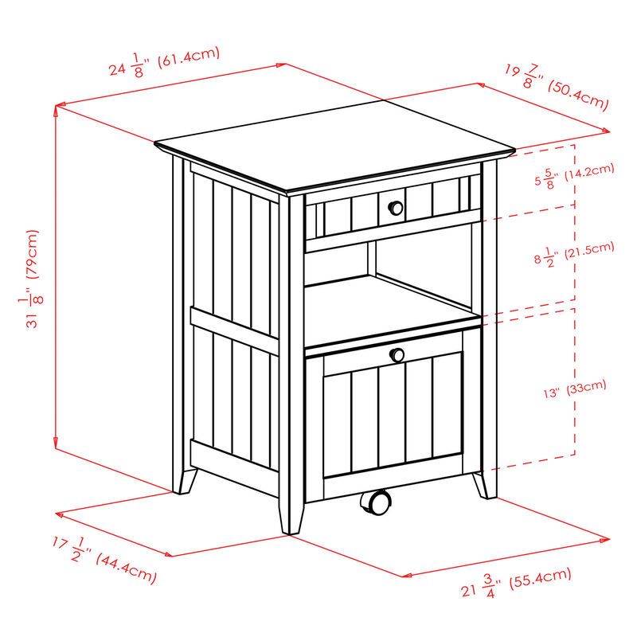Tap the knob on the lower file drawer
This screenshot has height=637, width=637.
pyautogui.click(x=395, y=354)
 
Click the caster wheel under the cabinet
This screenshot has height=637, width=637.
pyautogui.click(x=375, y=502)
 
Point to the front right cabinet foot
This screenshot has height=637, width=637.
pyautogui.click(x=484, y=484)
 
